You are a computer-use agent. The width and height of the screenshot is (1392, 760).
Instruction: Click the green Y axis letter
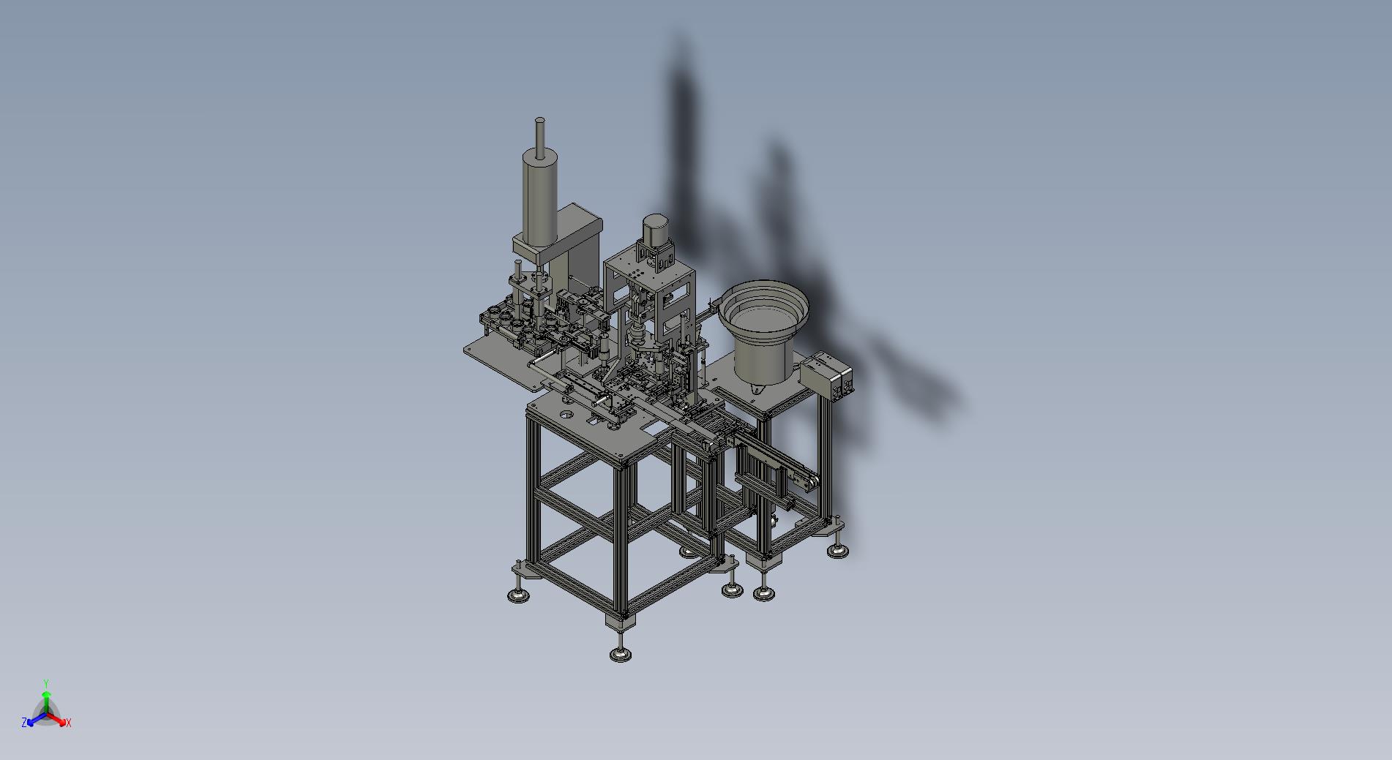pos(46,683)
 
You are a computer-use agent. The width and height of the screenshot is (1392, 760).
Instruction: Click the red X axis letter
pos(68,723)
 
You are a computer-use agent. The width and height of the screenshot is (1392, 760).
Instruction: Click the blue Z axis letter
pos(24,722)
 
